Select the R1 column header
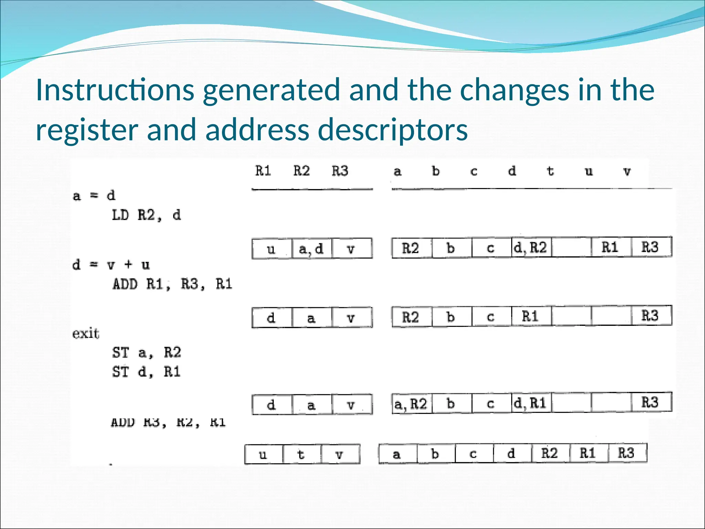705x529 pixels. (263, 171)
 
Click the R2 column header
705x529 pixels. (301, 171)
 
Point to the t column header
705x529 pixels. (550, 171)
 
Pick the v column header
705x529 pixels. (627, 171)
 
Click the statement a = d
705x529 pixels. (94, 196)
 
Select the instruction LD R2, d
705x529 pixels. (146, 216)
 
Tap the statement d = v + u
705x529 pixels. (111, 265)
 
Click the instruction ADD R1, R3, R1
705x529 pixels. (172, 284)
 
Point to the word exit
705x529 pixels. (86, 334)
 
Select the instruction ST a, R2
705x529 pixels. (146, 353)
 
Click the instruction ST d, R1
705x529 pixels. (146, 372)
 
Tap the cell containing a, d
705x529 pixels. (312, 249)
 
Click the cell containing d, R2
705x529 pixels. (531, 248)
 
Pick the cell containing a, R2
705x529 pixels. (411, 404)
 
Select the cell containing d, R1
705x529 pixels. (531, 403)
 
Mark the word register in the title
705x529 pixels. (87, 130)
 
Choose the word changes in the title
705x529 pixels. (515, 90)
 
